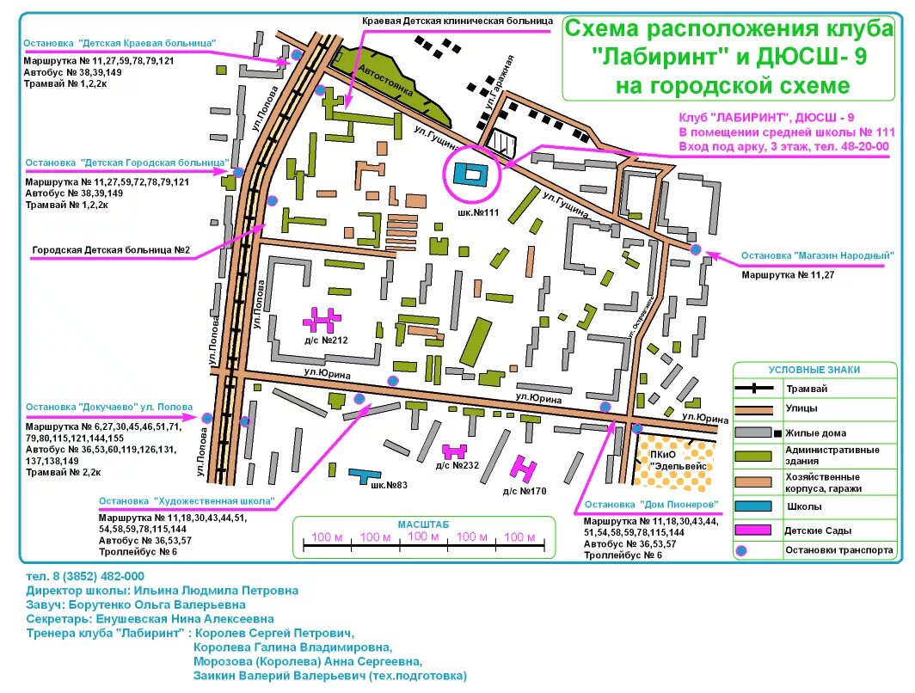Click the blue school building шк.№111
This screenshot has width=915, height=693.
pos(470,173)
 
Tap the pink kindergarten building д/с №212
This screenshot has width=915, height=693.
pos(320,320)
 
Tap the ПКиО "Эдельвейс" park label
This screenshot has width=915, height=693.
pos(675,458)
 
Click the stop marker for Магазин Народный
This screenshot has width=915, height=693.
pos(696,249)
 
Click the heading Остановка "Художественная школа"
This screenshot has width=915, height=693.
pos(187,500)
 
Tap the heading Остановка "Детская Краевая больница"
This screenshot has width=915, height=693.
pos(120,43)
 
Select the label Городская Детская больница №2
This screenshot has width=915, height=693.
pos(111,251)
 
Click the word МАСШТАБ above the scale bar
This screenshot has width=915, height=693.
pos(423,524)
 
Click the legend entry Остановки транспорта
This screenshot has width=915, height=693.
pos(838,550)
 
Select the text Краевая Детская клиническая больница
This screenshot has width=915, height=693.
pos(457,19)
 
